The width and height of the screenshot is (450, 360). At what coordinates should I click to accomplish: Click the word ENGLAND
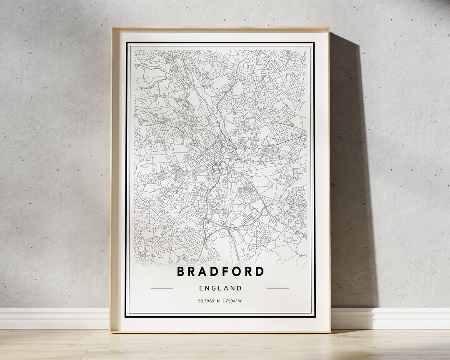click(220, 288)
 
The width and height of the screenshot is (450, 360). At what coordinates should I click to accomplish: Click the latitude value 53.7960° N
click(209, 300)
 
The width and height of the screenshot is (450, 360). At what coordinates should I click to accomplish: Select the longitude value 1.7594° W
click(232, 300)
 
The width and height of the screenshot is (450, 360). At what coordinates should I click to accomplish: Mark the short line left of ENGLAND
click(162, 288)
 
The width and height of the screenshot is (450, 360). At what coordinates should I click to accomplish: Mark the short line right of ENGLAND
click(277, 288)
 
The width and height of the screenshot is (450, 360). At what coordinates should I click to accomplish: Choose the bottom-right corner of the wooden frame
click(329, 332)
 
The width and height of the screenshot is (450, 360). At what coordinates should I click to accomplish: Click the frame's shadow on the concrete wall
click(350, 167)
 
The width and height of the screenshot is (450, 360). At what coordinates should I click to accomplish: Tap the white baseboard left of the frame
click(54, 319)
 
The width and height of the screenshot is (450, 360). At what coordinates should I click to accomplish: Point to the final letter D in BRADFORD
click(259, 271)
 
